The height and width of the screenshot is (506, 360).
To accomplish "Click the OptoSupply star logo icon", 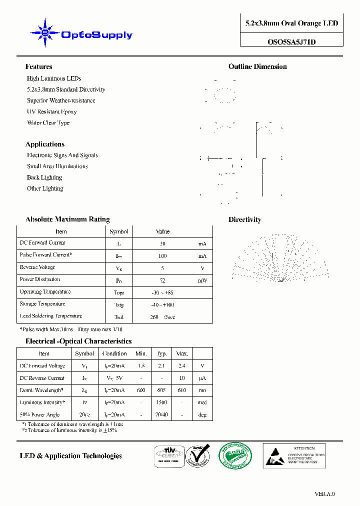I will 44,33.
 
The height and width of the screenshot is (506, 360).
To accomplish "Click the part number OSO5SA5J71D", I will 291,42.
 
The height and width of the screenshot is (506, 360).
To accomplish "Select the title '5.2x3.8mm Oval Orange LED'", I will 291,23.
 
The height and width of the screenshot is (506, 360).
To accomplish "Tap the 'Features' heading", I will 38,66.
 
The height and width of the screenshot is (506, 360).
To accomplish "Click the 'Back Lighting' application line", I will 44,177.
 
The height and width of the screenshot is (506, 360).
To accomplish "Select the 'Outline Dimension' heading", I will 257,66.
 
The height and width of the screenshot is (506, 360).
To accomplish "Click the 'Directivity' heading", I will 244,219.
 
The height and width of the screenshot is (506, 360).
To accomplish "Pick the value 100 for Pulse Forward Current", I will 162,255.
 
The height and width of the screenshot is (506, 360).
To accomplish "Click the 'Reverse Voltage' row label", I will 37,267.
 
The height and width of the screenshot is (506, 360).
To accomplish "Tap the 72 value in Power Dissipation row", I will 162,280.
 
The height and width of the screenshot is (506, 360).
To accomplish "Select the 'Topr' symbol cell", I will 118,292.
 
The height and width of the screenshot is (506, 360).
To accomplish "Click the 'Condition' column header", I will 114,353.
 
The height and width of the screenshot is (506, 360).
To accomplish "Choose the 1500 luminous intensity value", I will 161,402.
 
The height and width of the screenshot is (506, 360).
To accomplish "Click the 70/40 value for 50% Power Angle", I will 161,414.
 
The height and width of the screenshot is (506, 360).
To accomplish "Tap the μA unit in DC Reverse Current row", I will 202,378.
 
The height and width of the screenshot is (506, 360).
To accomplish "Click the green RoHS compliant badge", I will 235,455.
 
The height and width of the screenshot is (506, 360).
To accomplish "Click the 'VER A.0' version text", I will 324,494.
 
